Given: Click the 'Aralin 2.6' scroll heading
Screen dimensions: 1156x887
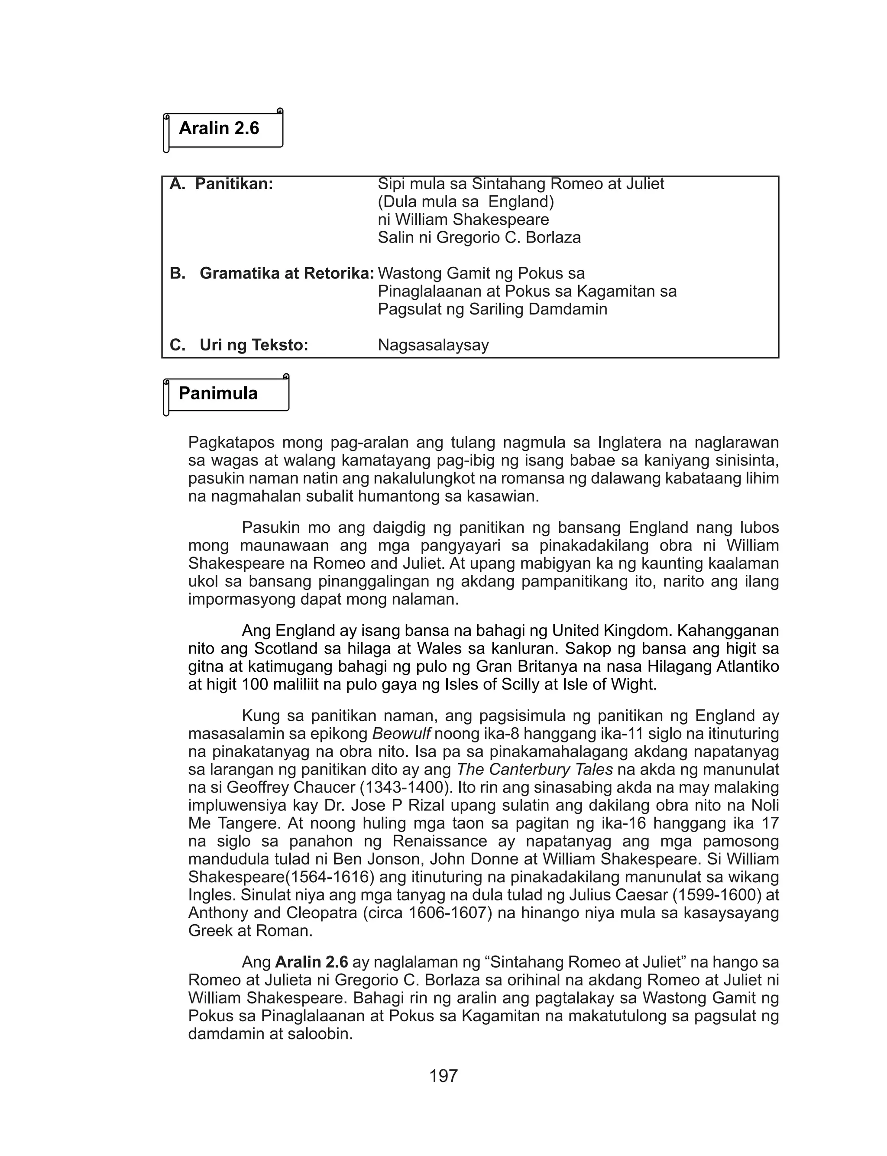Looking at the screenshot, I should [219, 128].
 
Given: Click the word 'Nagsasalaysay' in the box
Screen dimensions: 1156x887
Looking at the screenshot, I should [433, 345].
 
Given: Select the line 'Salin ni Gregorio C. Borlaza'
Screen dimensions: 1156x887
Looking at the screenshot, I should [479, 237].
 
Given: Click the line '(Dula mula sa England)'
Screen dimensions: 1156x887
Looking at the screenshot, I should [466, 202].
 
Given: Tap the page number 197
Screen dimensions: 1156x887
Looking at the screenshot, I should [443, 1076].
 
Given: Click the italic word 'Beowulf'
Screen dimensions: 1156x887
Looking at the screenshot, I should [401, 734].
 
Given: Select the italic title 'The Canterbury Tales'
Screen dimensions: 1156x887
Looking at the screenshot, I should [534, 770].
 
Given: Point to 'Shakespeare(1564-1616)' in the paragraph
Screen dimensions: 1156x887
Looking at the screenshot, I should [282, 878].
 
